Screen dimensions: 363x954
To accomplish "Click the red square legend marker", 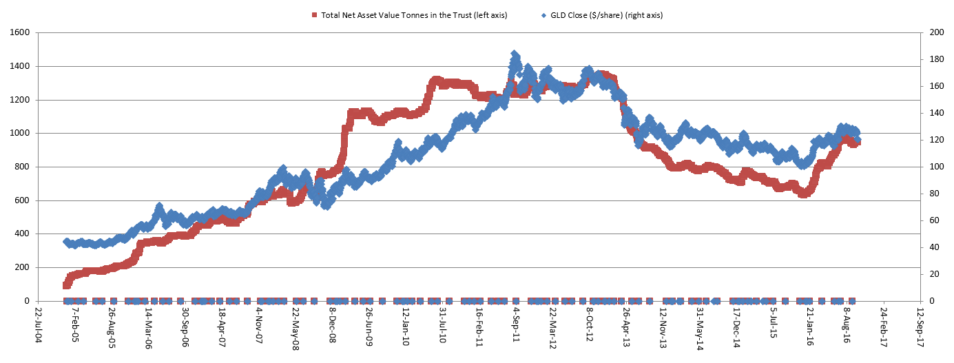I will [x=315, y=15].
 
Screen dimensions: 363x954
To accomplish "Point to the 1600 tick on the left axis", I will [x=19, y=33].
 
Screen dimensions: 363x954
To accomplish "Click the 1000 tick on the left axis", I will [x=19, y=134].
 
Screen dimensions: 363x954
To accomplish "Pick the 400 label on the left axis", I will [x=21, y=234].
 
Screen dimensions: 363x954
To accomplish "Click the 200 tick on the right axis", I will [x=934, y=33].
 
